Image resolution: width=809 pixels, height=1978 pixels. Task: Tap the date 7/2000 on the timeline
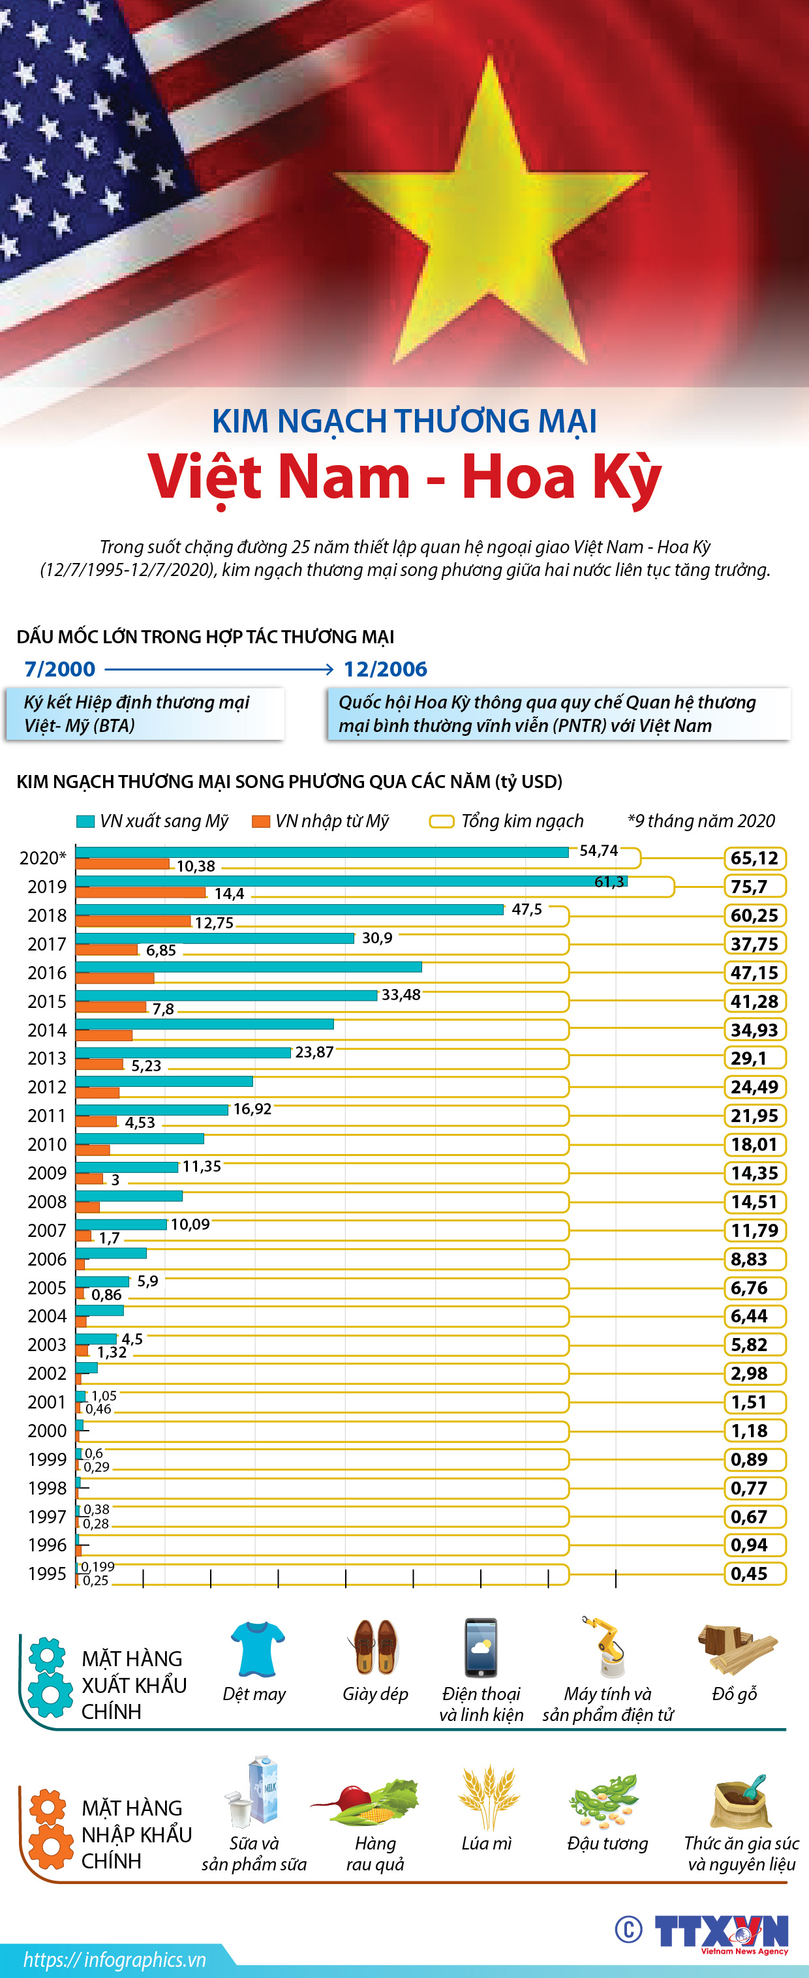click(x=60, y=669)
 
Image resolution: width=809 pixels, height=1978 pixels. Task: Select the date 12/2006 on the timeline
click(x=386, y=669)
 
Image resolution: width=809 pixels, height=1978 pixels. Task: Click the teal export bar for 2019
click(x=351, y=881)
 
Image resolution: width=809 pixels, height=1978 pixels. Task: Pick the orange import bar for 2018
click(x=133, y=921)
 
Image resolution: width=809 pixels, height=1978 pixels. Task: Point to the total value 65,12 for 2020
click(x=754, y=858)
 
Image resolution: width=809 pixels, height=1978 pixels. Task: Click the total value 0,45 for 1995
click(x=750, y=1574)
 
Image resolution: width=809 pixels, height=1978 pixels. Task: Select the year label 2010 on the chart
click(x=47, y=1144)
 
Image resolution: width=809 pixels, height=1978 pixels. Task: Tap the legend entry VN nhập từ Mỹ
click(x=322, y=821)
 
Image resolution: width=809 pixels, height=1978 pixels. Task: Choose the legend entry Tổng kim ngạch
click(x=508, y=821)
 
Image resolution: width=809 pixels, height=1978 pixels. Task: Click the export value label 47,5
click(x=527, y=909)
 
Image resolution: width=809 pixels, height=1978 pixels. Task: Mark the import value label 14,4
click(x=230, y=894)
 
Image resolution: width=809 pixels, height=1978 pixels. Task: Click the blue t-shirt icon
click(x=257, y=1649)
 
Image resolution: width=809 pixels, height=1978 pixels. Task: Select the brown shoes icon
click(x=374, y=1647)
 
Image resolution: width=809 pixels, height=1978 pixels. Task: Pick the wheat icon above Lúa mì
click(x=487, y=1797)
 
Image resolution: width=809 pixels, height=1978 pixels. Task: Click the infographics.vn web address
click(x=114, y=1960)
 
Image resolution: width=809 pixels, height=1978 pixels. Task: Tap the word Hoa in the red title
click(x=518, y=478)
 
